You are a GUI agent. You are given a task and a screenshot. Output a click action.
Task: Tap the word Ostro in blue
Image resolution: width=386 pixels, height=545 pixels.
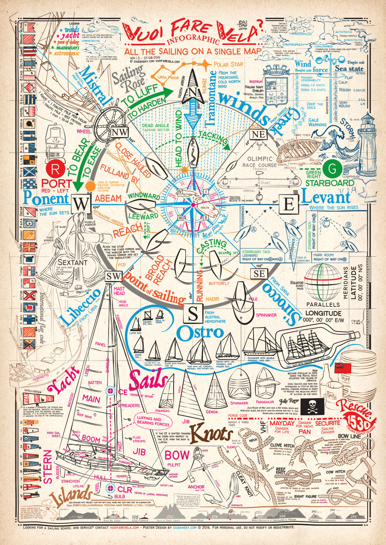pos(200,333)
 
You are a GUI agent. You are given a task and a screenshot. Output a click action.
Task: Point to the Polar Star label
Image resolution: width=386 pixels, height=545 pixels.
pos(229,65)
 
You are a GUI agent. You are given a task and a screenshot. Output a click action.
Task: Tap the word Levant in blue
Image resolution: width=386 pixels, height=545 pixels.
pos(326,198)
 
